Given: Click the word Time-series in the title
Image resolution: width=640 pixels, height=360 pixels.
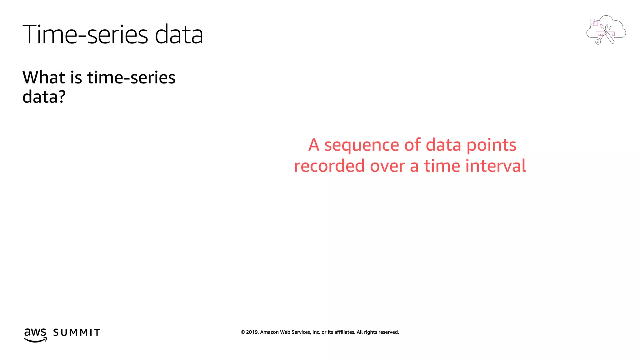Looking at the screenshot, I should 85,34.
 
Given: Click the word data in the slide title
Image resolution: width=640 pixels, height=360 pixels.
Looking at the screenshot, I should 179,34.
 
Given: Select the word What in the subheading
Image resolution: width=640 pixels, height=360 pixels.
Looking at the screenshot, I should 43,77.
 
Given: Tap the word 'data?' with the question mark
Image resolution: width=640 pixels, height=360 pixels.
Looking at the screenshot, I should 44,97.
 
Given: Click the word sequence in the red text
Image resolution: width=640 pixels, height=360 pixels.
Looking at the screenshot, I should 362,146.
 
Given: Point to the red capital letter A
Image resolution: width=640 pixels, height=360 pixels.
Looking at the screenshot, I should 314,145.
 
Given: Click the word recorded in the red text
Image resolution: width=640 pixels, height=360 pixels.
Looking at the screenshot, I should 329,166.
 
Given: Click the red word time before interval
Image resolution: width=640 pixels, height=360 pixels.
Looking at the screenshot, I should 442,166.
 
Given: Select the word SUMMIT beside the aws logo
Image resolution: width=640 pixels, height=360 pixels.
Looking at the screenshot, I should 77,332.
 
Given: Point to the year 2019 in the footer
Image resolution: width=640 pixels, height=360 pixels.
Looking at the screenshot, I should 252,332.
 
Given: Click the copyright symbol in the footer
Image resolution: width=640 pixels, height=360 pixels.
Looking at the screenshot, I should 242,332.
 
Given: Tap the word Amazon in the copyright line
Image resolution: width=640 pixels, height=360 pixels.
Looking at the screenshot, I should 269,332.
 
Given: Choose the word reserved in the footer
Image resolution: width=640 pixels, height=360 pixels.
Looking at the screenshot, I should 388,332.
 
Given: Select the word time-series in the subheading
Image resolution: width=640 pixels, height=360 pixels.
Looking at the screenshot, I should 131,77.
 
